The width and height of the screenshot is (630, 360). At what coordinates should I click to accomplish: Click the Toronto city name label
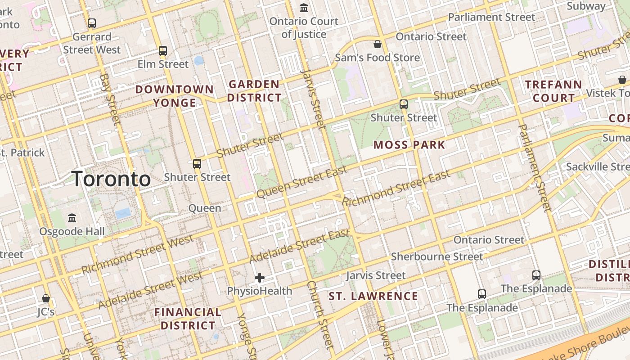(111, 179)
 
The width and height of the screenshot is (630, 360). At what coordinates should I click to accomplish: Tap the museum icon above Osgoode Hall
(72, 218)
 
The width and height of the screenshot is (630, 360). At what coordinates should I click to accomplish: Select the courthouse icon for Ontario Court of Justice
(304, 8)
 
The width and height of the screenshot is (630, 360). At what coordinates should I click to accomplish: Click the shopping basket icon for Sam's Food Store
(378, 44)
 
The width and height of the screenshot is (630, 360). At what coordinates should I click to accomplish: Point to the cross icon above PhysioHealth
(260, 278)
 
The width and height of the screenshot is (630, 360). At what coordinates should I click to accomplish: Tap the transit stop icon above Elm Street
(163, 51)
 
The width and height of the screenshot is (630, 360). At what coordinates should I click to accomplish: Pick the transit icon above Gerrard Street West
(92, 23)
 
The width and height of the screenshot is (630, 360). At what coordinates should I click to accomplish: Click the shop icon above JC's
(45, 298)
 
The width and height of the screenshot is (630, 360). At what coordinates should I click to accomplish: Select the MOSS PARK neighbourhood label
(409, 145)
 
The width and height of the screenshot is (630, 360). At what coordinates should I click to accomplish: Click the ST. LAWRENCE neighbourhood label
(373, 296)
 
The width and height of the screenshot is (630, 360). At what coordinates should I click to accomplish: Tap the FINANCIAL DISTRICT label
(188, 319)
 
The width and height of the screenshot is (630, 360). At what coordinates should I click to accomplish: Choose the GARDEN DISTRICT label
(254, 91)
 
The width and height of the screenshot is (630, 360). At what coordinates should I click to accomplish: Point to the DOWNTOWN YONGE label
(175, 96)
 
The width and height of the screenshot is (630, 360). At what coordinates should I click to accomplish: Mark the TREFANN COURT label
(553, 91)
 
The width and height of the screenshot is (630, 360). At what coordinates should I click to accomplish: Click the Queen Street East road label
(302, 182)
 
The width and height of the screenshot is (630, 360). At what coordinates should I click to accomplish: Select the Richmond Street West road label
(138, 254)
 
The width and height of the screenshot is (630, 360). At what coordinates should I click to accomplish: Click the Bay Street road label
(111, 99)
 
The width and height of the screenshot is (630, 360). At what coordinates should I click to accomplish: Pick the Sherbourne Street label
(437, 257)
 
